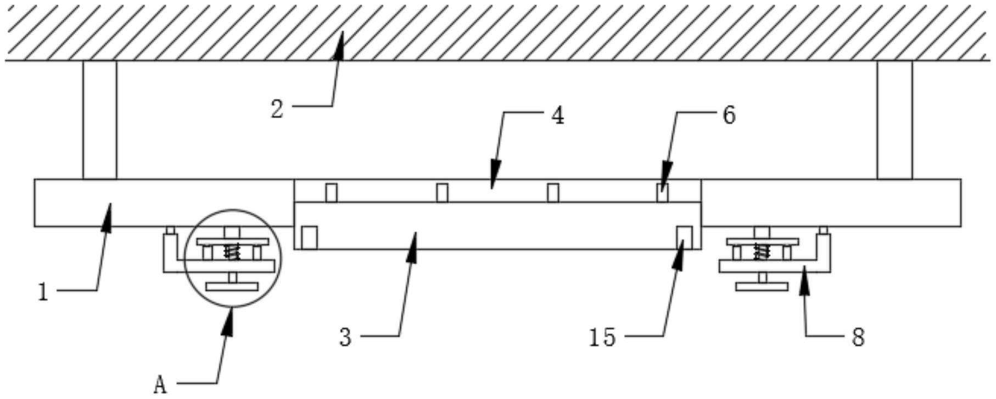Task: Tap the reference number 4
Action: tap(557, 116)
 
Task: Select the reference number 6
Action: tap(729, 116)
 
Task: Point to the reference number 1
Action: tap(43, 292)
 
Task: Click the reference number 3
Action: tap(345, 337)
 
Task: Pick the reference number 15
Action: tap(602, 337)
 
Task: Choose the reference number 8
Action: tap(858, 337)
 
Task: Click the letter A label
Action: tap(160, 385)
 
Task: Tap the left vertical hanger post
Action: tap(100, 120)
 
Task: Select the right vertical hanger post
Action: tap(894, 120)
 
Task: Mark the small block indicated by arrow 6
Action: tap(663, 193)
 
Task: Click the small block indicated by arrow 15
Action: tap(684, 237)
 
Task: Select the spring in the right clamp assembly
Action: tap(762, 252)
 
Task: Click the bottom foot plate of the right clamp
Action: tap(762, 286)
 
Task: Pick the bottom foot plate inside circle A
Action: tap(232, 287)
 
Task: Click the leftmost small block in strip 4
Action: tap(331, 193)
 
